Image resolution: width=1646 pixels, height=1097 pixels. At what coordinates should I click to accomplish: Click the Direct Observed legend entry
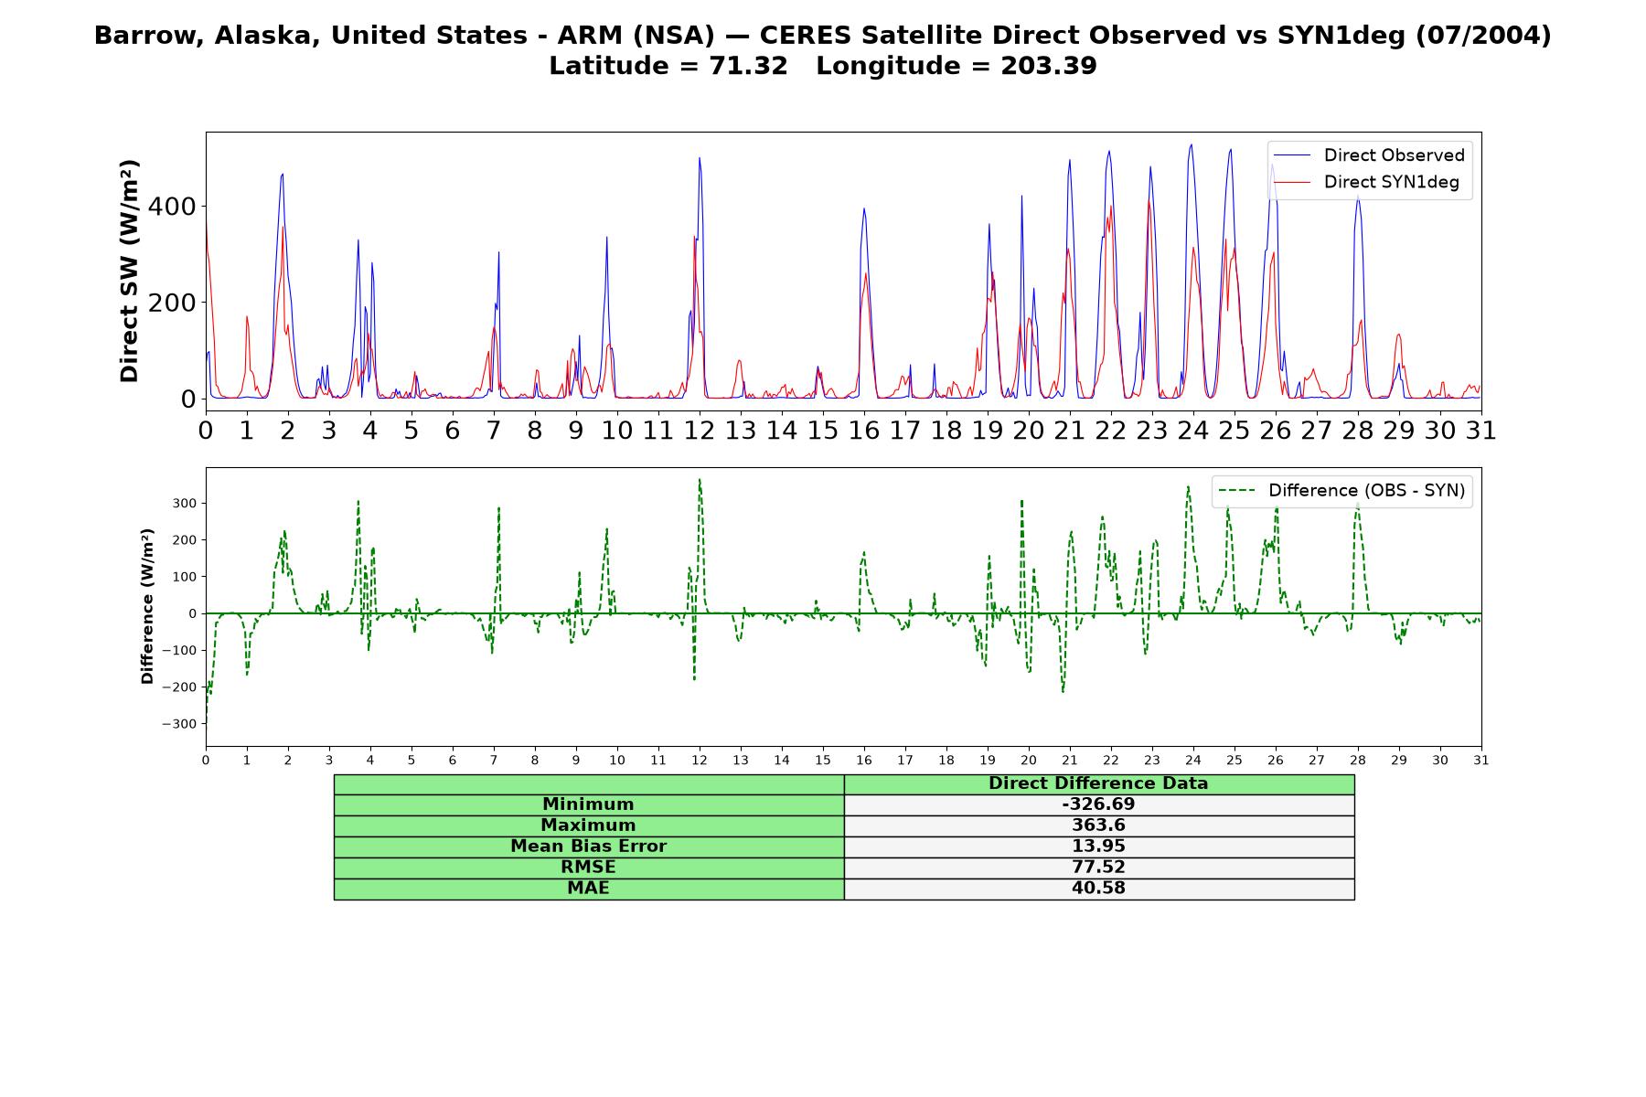[x=1368, y=155]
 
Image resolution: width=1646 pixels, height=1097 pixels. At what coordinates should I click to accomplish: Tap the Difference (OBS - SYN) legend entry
[x=1341, y=491]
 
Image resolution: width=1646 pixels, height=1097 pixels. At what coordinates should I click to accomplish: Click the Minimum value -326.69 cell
[x=1098, y=804]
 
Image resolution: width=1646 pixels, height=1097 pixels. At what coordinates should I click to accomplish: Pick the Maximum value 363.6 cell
[x=1098, y=825]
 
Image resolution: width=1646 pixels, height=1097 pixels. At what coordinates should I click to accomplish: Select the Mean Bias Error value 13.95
[x=1098, y=847]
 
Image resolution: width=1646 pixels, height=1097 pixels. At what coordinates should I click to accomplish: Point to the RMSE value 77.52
[x=1098, y=868]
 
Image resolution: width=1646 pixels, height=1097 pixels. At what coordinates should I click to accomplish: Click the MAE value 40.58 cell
[x=1098, y=889]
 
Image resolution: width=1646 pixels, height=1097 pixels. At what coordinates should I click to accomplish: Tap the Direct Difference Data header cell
[x=1098, y=783]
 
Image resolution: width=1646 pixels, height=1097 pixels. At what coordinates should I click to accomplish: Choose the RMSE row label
[x=589, y=868]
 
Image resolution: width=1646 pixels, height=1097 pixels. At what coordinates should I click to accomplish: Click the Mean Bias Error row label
[x=589, y=847]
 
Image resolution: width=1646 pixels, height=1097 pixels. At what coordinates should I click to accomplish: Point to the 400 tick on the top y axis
[x=172, y=207]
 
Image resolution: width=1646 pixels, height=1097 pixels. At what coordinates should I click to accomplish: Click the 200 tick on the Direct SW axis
[x=172, y=303]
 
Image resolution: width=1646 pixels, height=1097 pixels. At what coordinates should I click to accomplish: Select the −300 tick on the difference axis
[x=179, y=724]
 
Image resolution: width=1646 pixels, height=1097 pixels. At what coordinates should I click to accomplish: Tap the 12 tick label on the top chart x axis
[x=700, y=430]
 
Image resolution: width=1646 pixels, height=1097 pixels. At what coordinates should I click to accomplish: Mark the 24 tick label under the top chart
[x=1192, y=430]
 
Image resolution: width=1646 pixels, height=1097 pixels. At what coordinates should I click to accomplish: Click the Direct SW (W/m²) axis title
[x=129, y=271]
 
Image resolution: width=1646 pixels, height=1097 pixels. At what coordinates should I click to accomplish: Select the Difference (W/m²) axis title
[x=147, y=606]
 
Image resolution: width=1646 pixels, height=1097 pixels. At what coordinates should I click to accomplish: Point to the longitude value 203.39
[x=1048, y=66]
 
